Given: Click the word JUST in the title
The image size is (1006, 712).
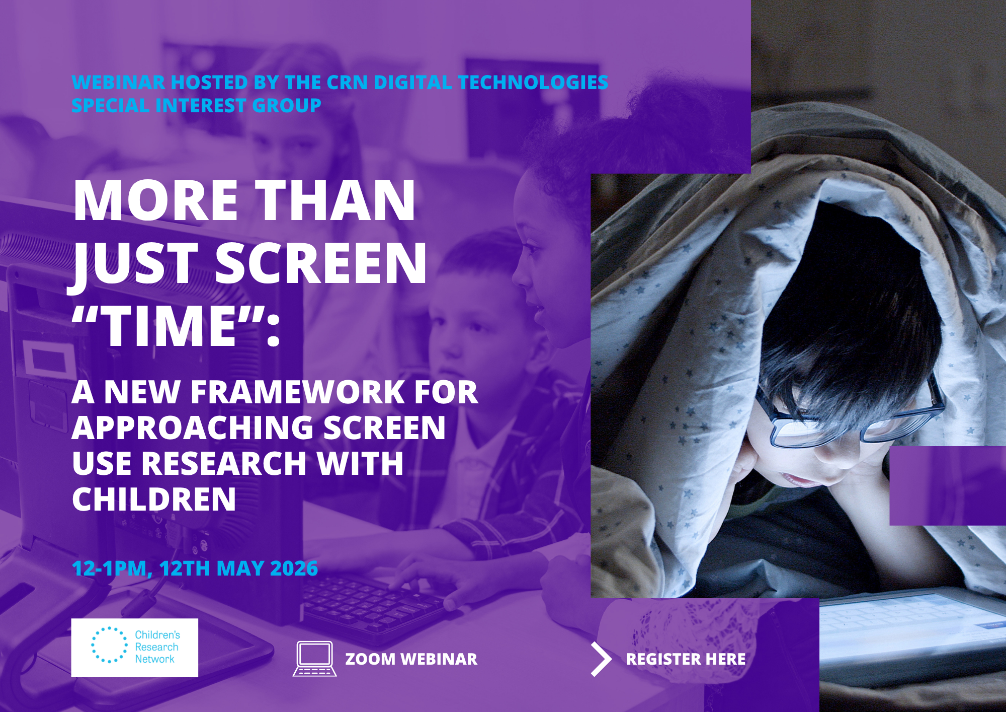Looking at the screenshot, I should [x=136, y=263].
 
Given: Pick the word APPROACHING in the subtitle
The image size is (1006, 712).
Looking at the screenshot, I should [x=193, y=428].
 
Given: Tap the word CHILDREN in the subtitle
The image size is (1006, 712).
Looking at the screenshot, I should [x=154, y=499].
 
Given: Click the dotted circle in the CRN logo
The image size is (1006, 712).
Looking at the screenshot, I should [x=109, y=645].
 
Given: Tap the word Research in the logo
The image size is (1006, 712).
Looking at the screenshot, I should [x=156, y=647].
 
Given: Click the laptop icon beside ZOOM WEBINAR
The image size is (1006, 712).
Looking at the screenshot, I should [x=314, y=658].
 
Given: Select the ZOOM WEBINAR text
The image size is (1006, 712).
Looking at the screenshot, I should [x=411, y=659].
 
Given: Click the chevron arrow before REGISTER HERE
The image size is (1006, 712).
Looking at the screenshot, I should [x=601, y=659].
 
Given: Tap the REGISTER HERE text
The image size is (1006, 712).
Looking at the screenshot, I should [x=686, y=659].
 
